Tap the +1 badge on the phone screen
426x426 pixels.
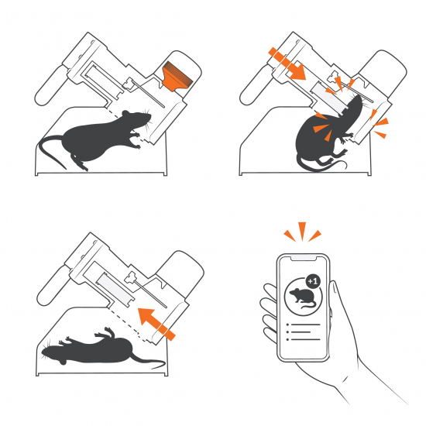pyautogui.click(x=313, y=281)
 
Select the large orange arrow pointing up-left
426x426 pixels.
pyautogui.click(x=156, y=324)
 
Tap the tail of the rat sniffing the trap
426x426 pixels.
pyautogui.click(x=52, y=150)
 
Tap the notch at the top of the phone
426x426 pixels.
pyautogui.click(x=304, y=258)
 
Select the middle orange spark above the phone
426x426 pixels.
pyautogui.click(x=302, y=231)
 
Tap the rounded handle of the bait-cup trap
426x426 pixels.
pyautogui.click(x=50, y=85)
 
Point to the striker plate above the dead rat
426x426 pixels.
pyautogui.click(x=114, y=290)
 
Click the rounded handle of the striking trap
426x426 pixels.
pyautogui.click(x=256, y=85)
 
